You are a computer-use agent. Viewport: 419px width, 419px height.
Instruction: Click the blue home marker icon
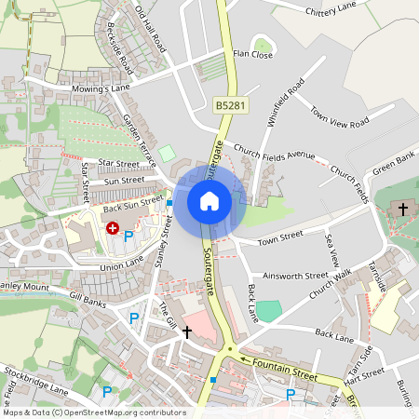(209, 200)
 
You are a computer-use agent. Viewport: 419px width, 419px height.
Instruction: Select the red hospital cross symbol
(113, 227)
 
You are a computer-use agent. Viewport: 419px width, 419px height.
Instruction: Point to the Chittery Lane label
(331, 9)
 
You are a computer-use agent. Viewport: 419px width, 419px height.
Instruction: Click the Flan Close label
(252, 55)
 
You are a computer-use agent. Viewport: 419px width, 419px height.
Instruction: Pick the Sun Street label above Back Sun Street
(125, 181)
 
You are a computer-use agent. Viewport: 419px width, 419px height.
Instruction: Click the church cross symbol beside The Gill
(187, 331)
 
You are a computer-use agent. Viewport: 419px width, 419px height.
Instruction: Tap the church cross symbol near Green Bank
(403, 209)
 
